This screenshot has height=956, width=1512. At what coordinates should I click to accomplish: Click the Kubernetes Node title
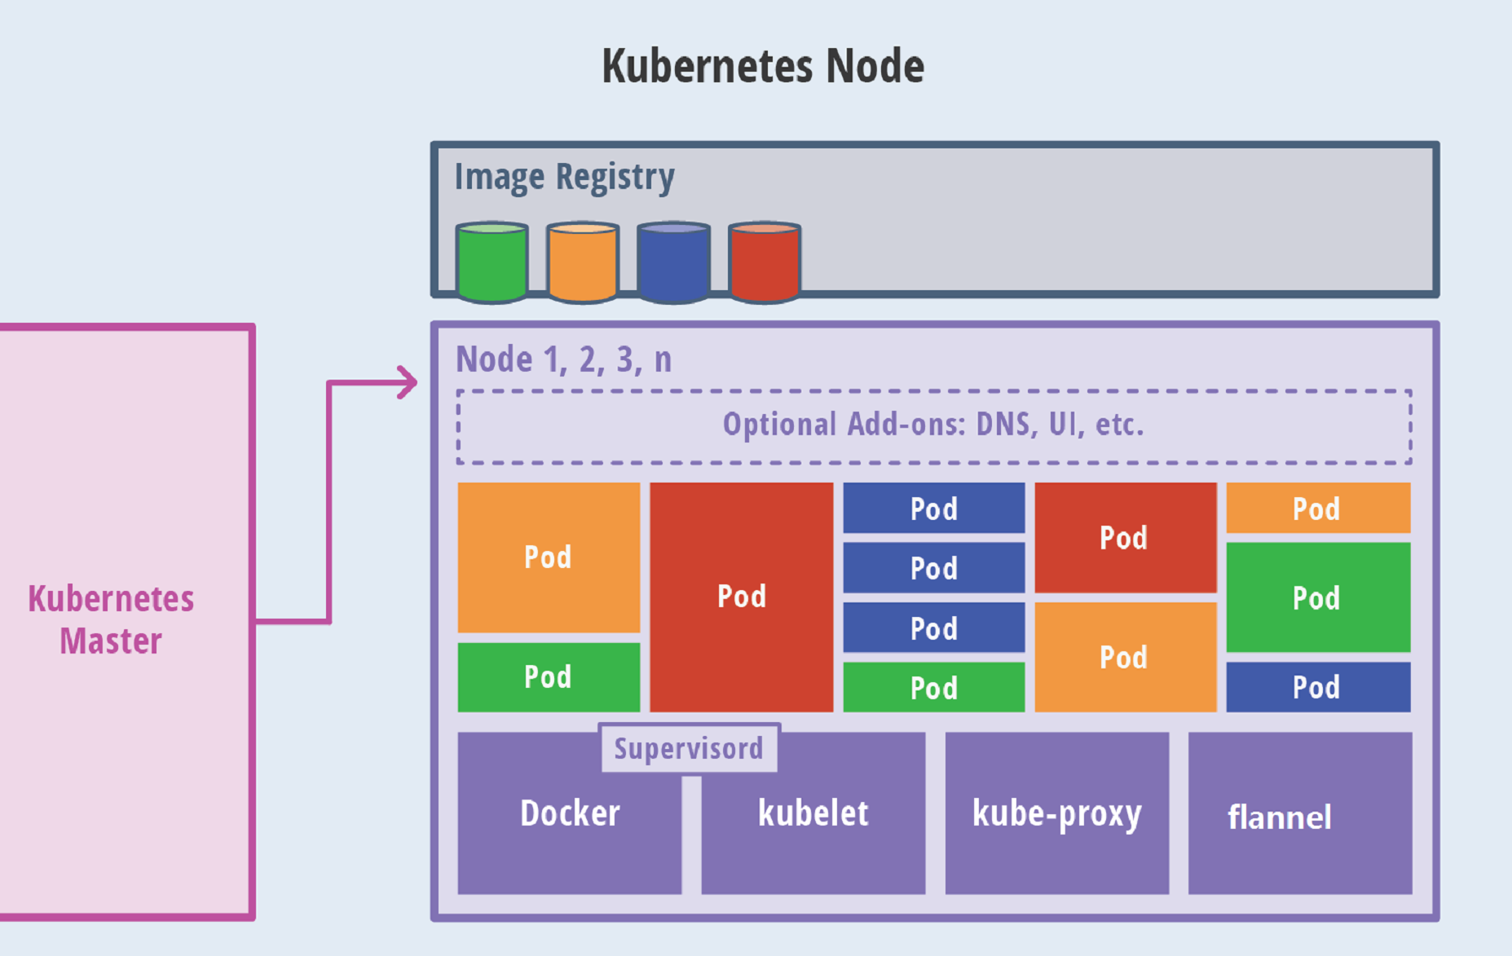(763, 66)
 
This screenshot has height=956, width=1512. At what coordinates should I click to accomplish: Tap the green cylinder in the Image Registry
(492, 262)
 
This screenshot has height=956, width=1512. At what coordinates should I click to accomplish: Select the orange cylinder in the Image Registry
(582, 262)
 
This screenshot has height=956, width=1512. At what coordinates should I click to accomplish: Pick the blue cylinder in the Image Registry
(673, 262)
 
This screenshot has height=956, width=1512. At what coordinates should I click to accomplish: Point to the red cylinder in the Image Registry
(764, 262)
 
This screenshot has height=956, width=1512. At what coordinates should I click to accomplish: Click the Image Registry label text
(564, 177)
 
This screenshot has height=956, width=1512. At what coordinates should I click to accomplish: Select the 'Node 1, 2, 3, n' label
(563, 359)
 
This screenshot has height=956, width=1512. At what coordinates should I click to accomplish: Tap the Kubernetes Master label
(111, 619)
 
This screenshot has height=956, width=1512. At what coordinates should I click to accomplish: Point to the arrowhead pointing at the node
(408, 382)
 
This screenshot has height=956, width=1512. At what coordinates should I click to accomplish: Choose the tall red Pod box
(741, 597)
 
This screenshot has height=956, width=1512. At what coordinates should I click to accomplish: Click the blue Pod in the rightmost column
(1317, 687)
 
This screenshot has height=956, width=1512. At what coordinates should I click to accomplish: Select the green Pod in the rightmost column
(1317, 597)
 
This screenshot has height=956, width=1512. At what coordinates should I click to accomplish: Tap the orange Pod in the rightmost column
(1317, 508)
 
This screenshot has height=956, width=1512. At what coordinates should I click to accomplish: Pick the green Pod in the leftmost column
(548, 676)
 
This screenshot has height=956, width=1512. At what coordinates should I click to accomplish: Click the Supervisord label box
(689, 748)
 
